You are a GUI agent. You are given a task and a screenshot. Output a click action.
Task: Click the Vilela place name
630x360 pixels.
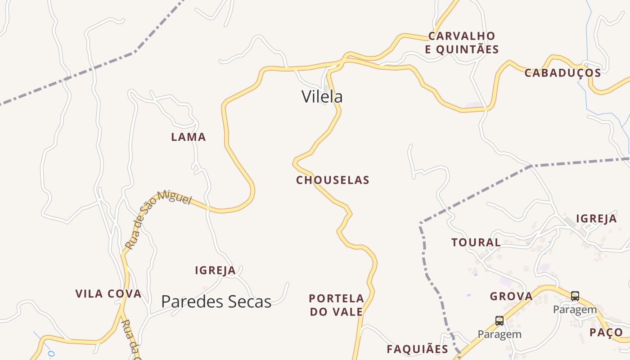(322, 97)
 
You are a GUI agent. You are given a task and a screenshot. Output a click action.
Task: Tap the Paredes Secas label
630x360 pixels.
(216, 301)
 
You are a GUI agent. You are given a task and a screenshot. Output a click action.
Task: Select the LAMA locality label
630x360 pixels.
(189, 137)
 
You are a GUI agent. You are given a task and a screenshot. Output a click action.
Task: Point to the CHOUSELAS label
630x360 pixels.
(333, 180)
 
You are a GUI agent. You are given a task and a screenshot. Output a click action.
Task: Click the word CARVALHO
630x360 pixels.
(462, 36)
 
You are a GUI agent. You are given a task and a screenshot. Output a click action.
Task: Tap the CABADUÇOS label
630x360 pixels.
(562, 73)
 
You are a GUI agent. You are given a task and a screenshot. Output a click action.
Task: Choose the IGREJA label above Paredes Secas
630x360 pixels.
(215, 270)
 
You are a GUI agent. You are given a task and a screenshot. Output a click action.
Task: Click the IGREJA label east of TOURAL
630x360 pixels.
(596, 219)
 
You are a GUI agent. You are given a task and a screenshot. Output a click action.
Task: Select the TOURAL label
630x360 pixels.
(476, 243)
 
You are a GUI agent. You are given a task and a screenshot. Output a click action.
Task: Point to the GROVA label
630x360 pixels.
(511, 297)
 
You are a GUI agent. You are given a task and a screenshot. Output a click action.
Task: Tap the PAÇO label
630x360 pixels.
(606, 333)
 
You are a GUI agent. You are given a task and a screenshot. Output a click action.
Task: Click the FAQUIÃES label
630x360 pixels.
(417, 349)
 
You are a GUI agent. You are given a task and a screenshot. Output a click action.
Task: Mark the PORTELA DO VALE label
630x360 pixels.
(336, 305)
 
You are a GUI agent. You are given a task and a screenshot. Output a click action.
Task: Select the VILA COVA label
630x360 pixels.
(108, 294)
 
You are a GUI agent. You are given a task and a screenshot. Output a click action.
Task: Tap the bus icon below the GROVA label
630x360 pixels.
(499, 321)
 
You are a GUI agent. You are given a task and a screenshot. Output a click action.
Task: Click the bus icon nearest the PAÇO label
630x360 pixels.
(575, 296)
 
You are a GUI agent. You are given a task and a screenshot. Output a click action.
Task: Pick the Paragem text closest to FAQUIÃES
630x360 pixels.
(499, 334)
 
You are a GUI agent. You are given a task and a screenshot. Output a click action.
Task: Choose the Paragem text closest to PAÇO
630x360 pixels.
(575, 310)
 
